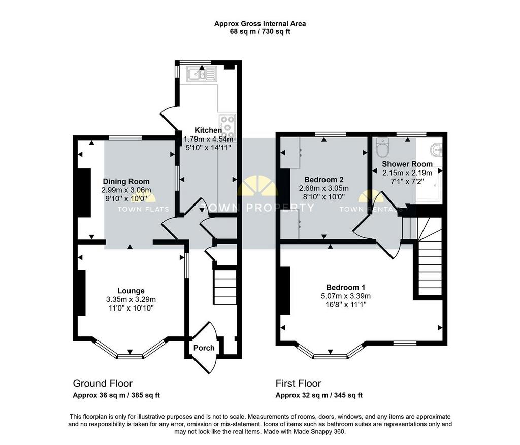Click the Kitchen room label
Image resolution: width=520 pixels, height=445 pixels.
coord(208,130)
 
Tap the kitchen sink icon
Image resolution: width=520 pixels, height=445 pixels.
coord(201,74)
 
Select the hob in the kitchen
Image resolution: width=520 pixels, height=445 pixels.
coord(227,124)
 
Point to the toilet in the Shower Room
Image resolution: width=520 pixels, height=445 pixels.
coord(383,148)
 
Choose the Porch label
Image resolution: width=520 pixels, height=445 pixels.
coord(204,348)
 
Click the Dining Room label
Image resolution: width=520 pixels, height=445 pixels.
coord(126,181)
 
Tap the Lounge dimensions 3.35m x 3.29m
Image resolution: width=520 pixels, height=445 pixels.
coord(131,299)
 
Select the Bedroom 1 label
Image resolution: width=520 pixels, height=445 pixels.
coord(346,287)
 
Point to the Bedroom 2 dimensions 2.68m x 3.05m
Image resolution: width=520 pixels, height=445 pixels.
coord(324,188)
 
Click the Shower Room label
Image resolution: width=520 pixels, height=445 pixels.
coord(407,164)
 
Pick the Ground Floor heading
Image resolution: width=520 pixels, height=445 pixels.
coord(103,384)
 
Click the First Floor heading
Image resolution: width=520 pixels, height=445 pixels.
coord(299,384)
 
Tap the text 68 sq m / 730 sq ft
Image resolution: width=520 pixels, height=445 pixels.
coord(260,32)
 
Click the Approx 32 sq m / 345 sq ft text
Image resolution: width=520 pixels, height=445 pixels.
coord(319,395)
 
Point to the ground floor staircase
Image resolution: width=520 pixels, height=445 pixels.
coord(225,287)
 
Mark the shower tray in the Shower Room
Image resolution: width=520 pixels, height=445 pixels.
coord(429,185)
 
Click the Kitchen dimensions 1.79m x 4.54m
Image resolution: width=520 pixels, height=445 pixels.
coord(209,139)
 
